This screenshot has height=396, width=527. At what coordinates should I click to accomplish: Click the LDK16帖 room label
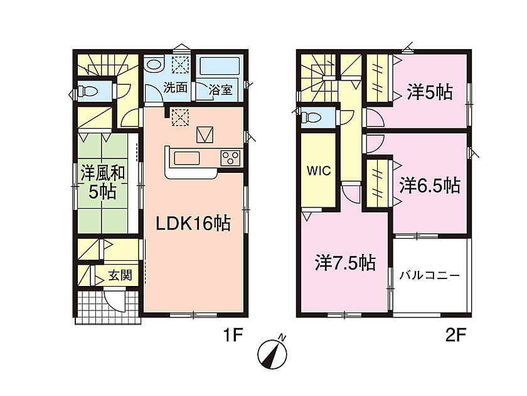pyautogui.click(x=193, y=223)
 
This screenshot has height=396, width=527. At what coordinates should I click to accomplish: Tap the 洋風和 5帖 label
pyautogui.click(x=103, y=182)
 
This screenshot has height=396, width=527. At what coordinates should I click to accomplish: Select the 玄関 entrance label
pyautogui.click(x=120, y=276)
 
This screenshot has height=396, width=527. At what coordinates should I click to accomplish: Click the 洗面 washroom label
pyautogui.click(x=175, y=88)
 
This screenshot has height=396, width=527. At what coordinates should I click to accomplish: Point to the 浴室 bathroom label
pyautogui.click(x=220, y=89)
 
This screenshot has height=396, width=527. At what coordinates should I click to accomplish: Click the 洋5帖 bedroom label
pyautogui.click(x=430, y=92)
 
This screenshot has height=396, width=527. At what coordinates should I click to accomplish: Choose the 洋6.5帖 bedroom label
pyautogui.click(x=430, y=185)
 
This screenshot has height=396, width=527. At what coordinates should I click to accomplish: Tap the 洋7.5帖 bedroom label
pyautogui.click(x=345, y=263)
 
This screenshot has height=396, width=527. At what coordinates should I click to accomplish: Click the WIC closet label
pyautogui.click(x=319, y=171)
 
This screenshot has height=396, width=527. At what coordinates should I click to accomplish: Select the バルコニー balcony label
pyautogui.click(x=430, y=276)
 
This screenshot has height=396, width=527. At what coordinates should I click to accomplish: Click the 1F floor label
pyautogui.click(x=233, y=335)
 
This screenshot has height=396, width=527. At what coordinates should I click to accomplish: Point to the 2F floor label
pyautogui.click(x=455, y=335)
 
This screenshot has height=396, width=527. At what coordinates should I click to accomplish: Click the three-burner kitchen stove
pyautogui.click(x=231, y=158)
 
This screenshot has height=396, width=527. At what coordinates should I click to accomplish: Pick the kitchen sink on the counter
pyautogui.click(x=187, y=158)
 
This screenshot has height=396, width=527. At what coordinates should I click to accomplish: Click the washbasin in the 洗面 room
pyautogui.click(x=154, y=65)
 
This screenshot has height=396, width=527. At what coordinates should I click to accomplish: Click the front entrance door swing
pyautogui.click(x=114, y=300)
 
